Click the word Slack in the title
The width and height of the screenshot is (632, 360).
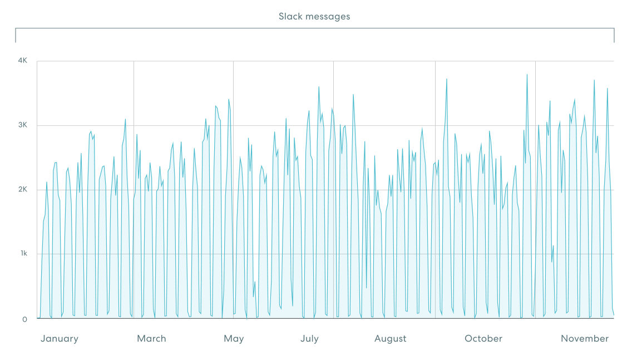[290, 17]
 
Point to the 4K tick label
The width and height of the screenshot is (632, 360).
[22, 60]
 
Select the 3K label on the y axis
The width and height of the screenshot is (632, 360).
[22, 125]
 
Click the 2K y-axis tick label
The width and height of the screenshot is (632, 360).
[22, 190]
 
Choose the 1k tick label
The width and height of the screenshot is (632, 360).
[23, 254]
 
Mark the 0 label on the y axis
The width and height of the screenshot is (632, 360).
[25, 319]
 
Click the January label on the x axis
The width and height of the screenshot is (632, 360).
[60, 338]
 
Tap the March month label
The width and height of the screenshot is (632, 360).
[151, 338]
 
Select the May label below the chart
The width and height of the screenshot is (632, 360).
[234, 338]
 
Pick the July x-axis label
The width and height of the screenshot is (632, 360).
[309, 338]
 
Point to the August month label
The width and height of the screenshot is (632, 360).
[390, 338]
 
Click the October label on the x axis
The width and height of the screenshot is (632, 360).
[483, 338]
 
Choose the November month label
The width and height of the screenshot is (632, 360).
[585, 338]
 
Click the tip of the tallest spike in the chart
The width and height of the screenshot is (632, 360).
[527, 75]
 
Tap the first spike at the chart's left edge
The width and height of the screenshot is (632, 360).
[47, 183]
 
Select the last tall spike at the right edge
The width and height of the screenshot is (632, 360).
[608, 88]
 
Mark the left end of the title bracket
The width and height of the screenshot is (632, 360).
[16, 42]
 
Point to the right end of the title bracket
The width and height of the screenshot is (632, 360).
[614, 42]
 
